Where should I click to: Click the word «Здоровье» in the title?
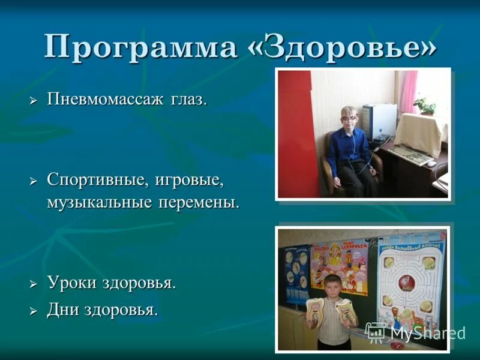point(343,47)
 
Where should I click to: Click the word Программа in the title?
point(140,47)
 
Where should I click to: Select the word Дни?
point(62,310)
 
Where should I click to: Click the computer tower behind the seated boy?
point(379,122)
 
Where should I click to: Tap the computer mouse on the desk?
point(431,163)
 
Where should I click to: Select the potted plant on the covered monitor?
point(425,106)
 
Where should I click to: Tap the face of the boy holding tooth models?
point(332,286)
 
